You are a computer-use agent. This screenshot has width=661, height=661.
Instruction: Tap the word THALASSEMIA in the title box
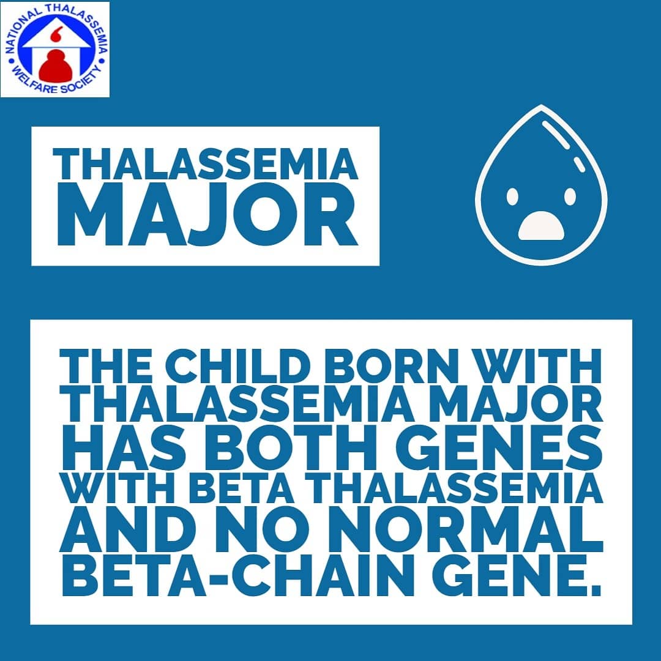pyautogui.click(x=205, y=164)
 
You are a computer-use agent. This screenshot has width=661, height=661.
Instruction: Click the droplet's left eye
pyautogui.click(x=512, y=196)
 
